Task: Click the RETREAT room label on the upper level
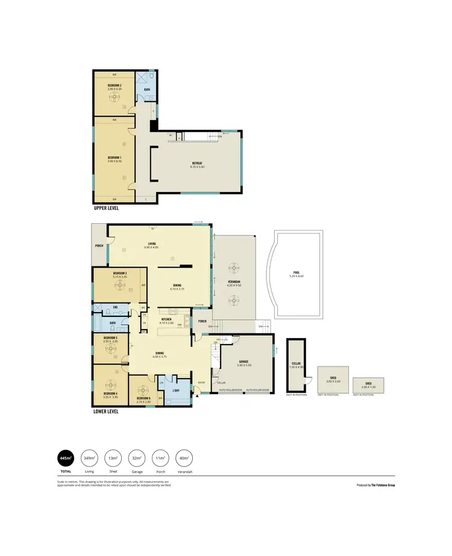pyautogui.click(x=196, y=164)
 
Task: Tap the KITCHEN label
pyautogui.click(x=166, y=321)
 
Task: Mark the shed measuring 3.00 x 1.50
pyautogui.click(x=368, y=384)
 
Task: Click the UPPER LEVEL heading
pyautogui.click(x=106, y=208)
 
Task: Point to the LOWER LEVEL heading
pyautogui.click(x=106, y=412)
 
